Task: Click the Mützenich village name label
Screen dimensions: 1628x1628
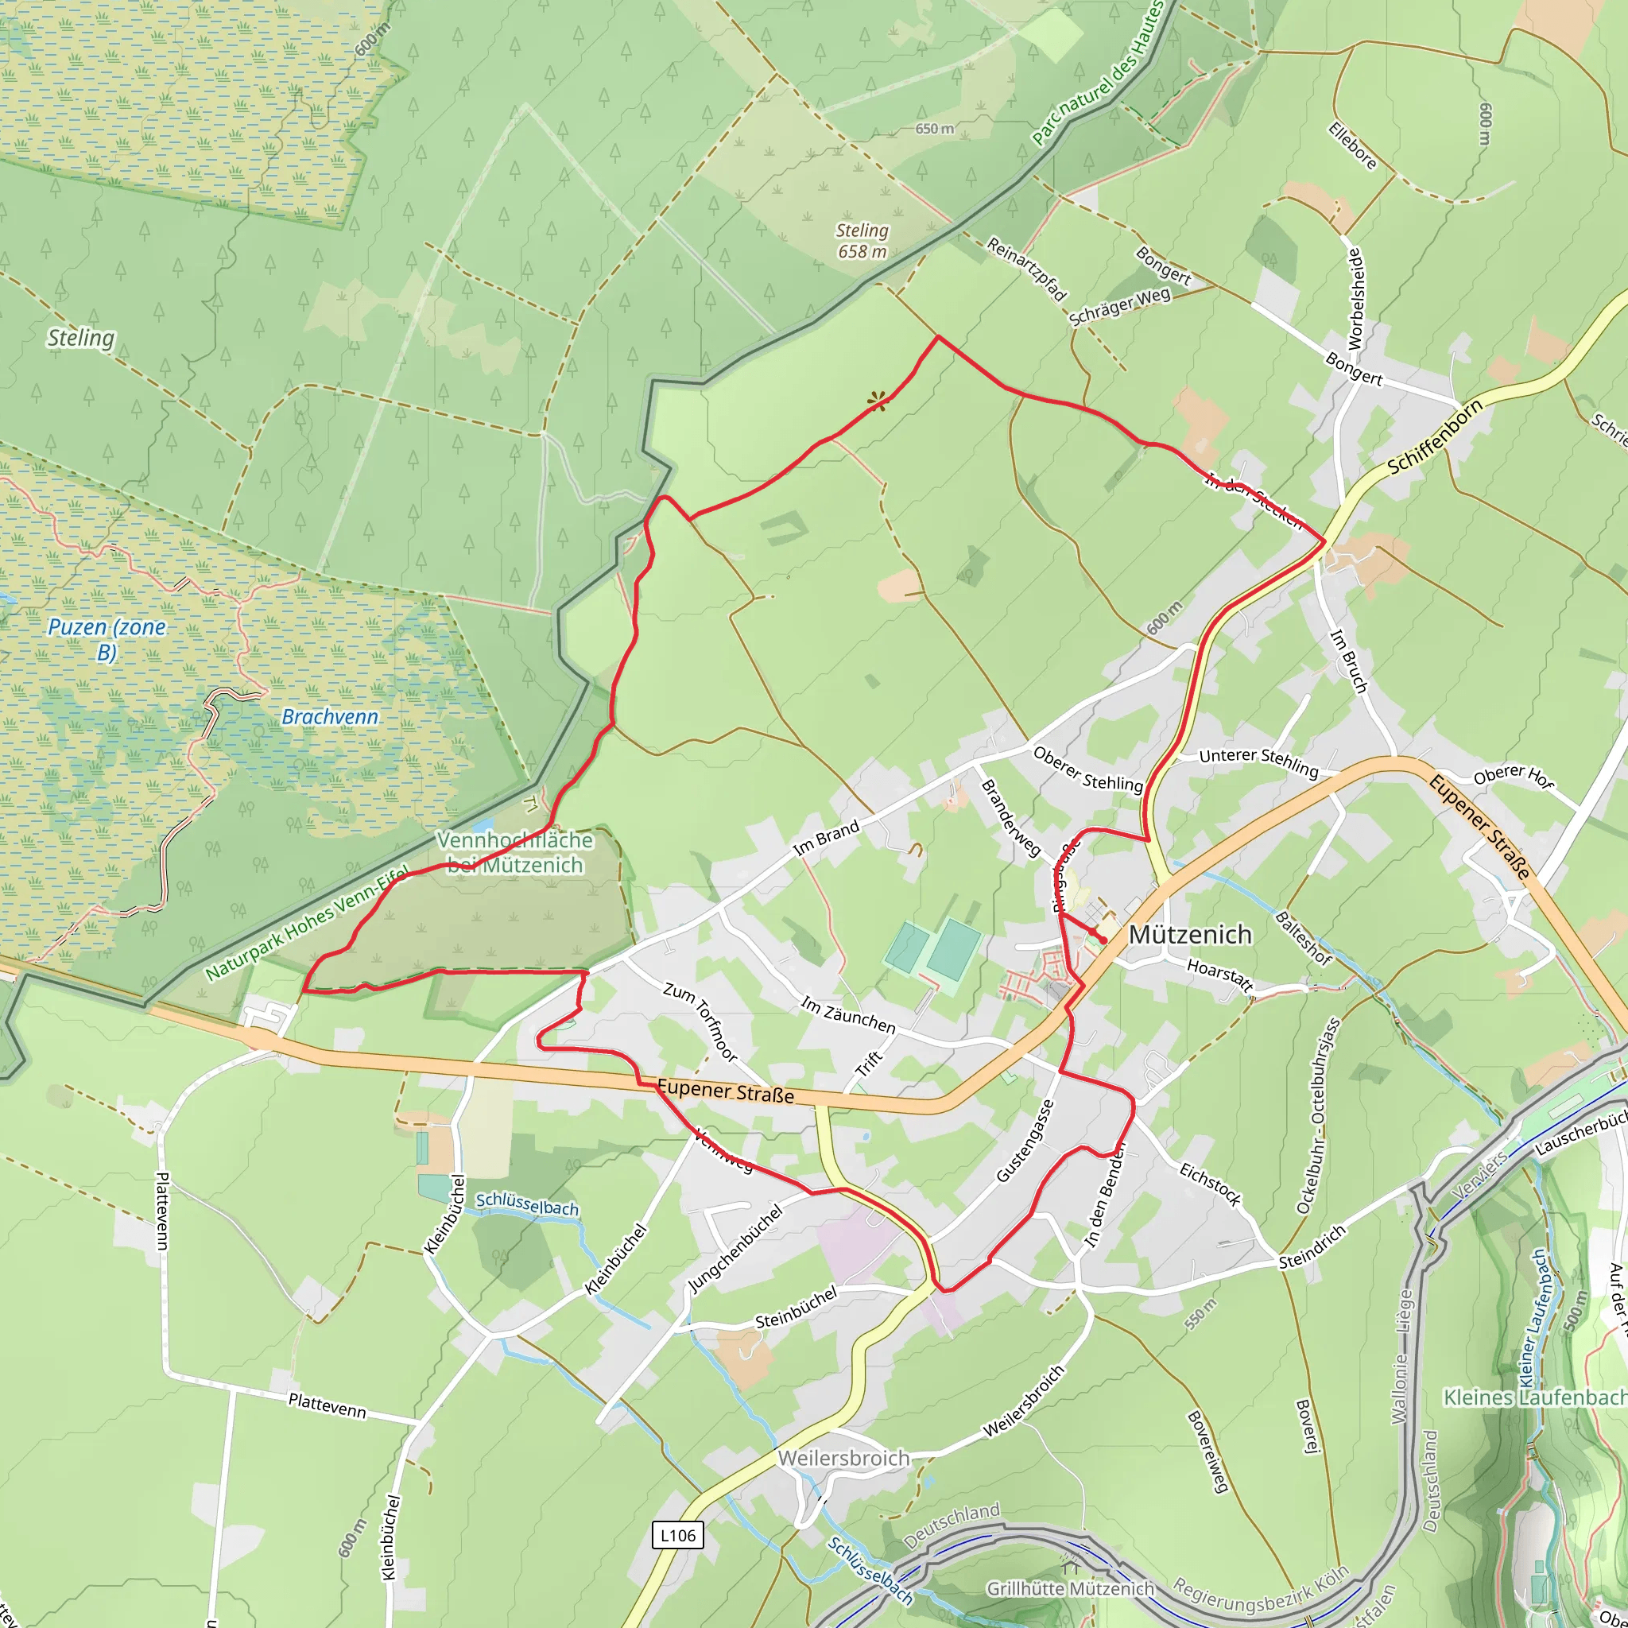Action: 1190,935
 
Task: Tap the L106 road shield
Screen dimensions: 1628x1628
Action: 677,1534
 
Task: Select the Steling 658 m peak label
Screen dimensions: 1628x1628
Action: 862,240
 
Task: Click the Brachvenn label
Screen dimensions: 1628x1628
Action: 329,717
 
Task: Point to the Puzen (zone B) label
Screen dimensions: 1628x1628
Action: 107,639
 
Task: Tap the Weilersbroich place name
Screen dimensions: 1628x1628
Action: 843,1459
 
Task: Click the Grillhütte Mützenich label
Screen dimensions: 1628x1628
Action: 1070,1588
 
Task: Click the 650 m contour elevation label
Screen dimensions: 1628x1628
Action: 935,129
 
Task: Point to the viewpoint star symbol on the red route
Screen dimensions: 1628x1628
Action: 878,401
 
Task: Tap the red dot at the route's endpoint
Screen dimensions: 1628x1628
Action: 1103,940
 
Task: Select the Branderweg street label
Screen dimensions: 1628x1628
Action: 1010,817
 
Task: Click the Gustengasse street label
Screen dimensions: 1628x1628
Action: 1025,1141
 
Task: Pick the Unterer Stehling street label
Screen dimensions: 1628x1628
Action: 1258,761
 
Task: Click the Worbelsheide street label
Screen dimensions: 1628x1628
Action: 1356,298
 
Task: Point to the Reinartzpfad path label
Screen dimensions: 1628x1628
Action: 1027,269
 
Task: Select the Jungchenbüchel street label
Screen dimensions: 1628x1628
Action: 735,1248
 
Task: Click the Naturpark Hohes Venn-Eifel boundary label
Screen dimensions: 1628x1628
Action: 308,923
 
